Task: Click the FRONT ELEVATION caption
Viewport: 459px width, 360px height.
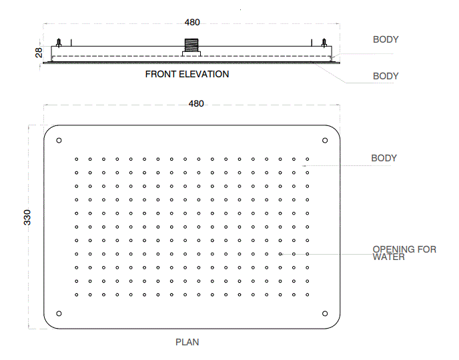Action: point(187,74)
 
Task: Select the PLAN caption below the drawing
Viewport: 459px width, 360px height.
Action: point(187,342)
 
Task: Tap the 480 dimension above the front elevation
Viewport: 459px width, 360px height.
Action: point(192,23)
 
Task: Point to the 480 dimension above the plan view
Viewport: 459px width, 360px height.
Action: point(196,103)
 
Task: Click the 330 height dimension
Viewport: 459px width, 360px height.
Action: point(27,217)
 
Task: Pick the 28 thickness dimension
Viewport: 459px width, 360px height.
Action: point(39,51)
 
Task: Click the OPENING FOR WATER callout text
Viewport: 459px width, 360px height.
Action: point(404,253)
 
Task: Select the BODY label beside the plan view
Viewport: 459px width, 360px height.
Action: point(384,158)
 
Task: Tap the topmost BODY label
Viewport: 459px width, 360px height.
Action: point(386,40)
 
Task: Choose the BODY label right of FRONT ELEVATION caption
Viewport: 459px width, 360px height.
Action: point(386,76)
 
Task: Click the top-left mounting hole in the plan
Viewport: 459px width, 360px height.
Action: point(59,140)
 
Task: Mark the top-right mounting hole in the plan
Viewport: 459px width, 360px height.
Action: point(325,140)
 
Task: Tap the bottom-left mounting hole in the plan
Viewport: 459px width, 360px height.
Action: point(59,313)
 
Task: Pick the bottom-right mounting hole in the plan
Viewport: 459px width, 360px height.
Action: point(325,313)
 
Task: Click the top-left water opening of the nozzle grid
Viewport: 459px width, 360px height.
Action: point(77,159)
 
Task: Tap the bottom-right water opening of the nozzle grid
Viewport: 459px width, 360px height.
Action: point(307,295)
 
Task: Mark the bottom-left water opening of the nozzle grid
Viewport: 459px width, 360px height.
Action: point(77,295)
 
